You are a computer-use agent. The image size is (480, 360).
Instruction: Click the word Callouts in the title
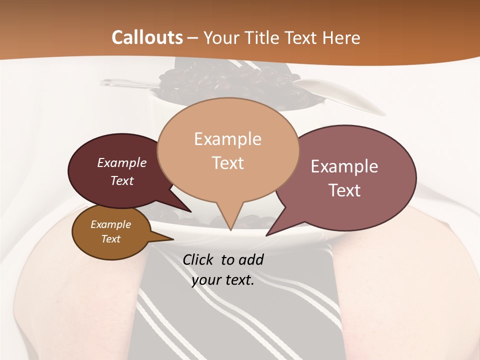tap(147, 37)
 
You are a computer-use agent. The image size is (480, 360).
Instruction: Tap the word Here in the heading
tap(340, 37)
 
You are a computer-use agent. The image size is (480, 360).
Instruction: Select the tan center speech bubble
tap(228, 150)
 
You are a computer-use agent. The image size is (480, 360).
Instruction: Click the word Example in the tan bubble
tap(227, 139)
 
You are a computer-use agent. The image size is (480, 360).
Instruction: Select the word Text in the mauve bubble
tap(345, 190)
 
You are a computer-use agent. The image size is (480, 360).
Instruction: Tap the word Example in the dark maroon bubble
tap(122, 162)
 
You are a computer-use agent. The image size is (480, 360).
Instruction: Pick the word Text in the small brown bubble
tap(110, 239)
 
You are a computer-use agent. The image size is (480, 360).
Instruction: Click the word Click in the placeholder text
tap(199, 259)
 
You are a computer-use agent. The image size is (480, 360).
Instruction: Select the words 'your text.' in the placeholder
tap(223, 280)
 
